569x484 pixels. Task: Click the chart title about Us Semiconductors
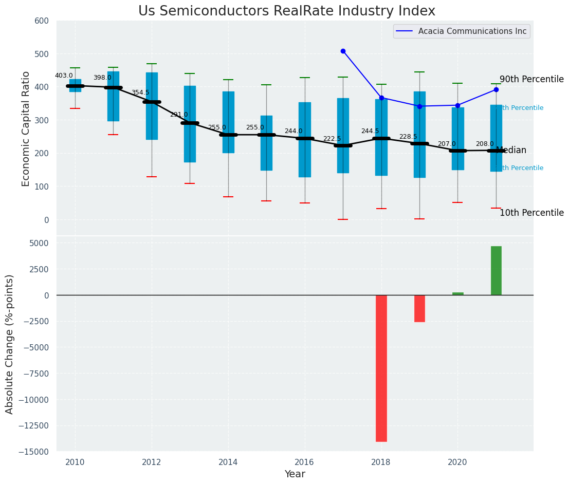(286, 11)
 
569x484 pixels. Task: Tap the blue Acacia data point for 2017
(343, 51)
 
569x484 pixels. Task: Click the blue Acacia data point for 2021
(496, 89)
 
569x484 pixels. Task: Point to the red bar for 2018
(381, 368)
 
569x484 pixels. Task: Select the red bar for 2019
(419, 308)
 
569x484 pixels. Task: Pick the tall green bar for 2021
(496, 270)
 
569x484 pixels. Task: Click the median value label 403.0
(64, 76)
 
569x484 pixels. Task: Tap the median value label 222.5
(332, 139)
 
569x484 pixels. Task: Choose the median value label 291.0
(179, 115)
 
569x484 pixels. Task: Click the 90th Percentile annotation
(531, 79)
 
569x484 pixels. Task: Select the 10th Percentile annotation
(531, 213)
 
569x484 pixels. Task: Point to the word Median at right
(511, 150)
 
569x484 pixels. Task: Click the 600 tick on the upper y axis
(42, 21)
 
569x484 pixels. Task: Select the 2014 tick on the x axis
(228, 462)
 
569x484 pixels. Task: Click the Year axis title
(295, 474)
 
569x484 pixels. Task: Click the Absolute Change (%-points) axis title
(10, 344)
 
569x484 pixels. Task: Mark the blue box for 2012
(152, 106)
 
